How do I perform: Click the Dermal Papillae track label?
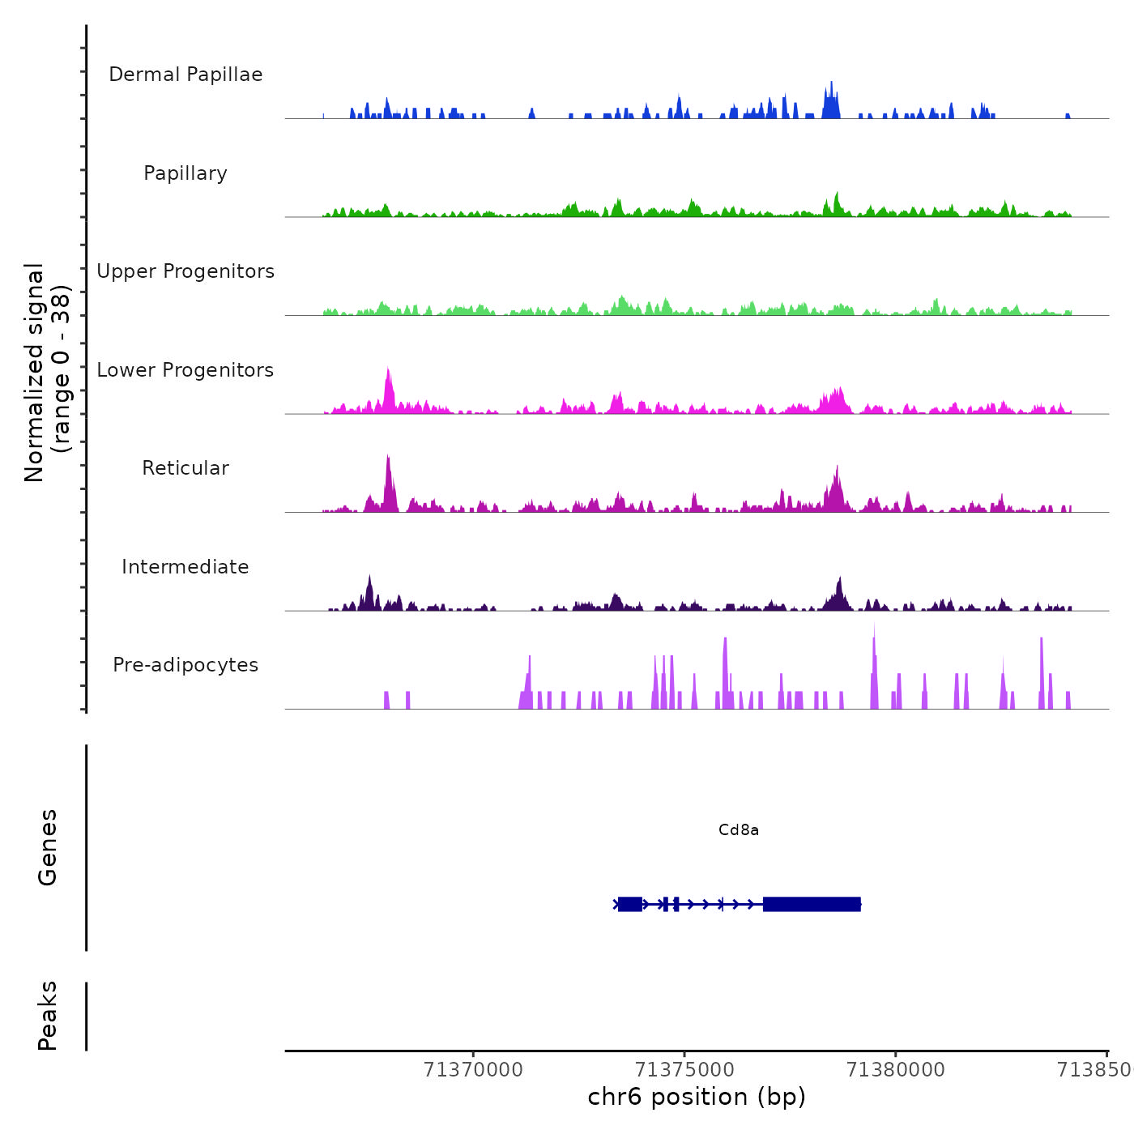(185, 75)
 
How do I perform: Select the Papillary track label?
(185, 173)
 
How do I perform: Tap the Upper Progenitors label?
(185, 271)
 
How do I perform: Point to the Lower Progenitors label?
(185, 370)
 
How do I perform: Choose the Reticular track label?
(185, 468)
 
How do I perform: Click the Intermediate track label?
(185, 567)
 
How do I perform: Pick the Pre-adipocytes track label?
(185, 665)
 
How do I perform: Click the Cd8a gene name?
(738, 830)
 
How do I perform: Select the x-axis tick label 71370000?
(473, 1070)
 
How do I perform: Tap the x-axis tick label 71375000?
(684, 1070)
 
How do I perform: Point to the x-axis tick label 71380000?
(895, 1070)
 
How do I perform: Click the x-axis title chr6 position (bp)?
(697, 1097)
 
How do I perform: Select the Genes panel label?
(48, 847)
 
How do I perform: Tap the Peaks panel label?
(48, 1016)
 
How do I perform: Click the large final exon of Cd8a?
(811, 904)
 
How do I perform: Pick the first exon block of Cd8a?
(629, 904)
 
